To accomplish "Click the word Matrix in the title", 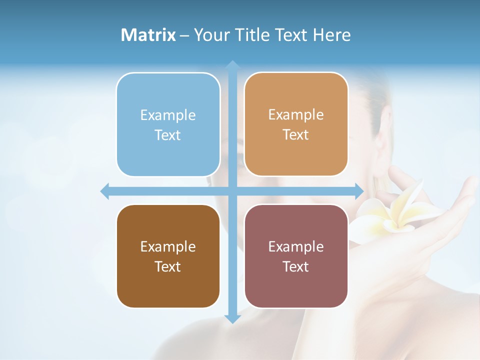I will click(148, 35).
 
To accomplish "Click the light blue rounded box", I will click(168, 124).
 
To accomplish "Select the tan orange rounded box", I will click(296, 124).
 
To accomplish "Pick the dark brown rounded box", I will click(168, 256).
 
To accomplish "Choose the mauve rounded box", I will click(296, 256).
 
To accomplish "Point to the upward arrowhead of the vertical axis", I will click(232, 65).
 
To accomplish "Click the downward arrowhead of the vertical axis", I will click(232, 318).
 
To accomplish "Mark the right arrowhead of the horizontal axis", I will click(358, 191).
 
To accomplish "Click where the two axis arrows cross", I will click(232, 191).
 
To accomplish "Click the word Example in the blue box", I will click(168, 115).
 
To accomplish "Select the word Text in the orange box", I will click(296, 135).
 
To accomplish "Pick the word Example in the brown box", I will click(168, 247).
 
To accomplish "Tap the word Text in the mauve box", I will click(296, 266).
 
